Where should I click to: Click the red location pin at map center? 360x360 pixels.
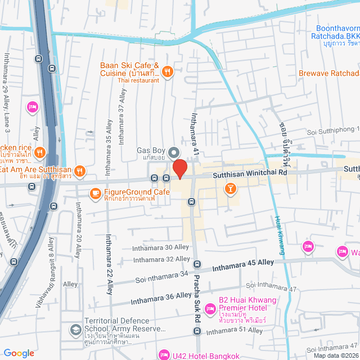point(179,168)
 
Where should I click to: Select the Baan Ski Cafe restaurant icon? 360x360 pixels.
point(168,72)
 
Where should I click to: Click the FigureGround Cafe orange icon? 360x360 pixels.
point(95,194)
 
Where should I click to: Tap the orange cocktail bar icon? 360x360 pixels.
point(230,188)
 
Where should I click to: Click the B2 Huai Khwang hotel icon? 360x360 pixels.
point(210,308)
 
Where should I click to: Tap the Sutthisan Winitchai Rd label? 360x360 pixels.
point(250,174)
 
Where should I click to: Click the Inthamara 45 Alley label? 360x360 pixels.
point(242,263)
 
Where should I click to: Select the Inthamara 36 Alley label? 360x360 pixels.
point(160,296)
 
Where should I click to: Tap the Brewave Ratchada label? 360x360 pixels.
point(328,74)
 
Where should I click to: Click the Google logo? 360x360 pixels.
point(19,353)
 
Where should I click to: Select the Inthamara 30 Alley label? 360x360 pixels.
point(160,247)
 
